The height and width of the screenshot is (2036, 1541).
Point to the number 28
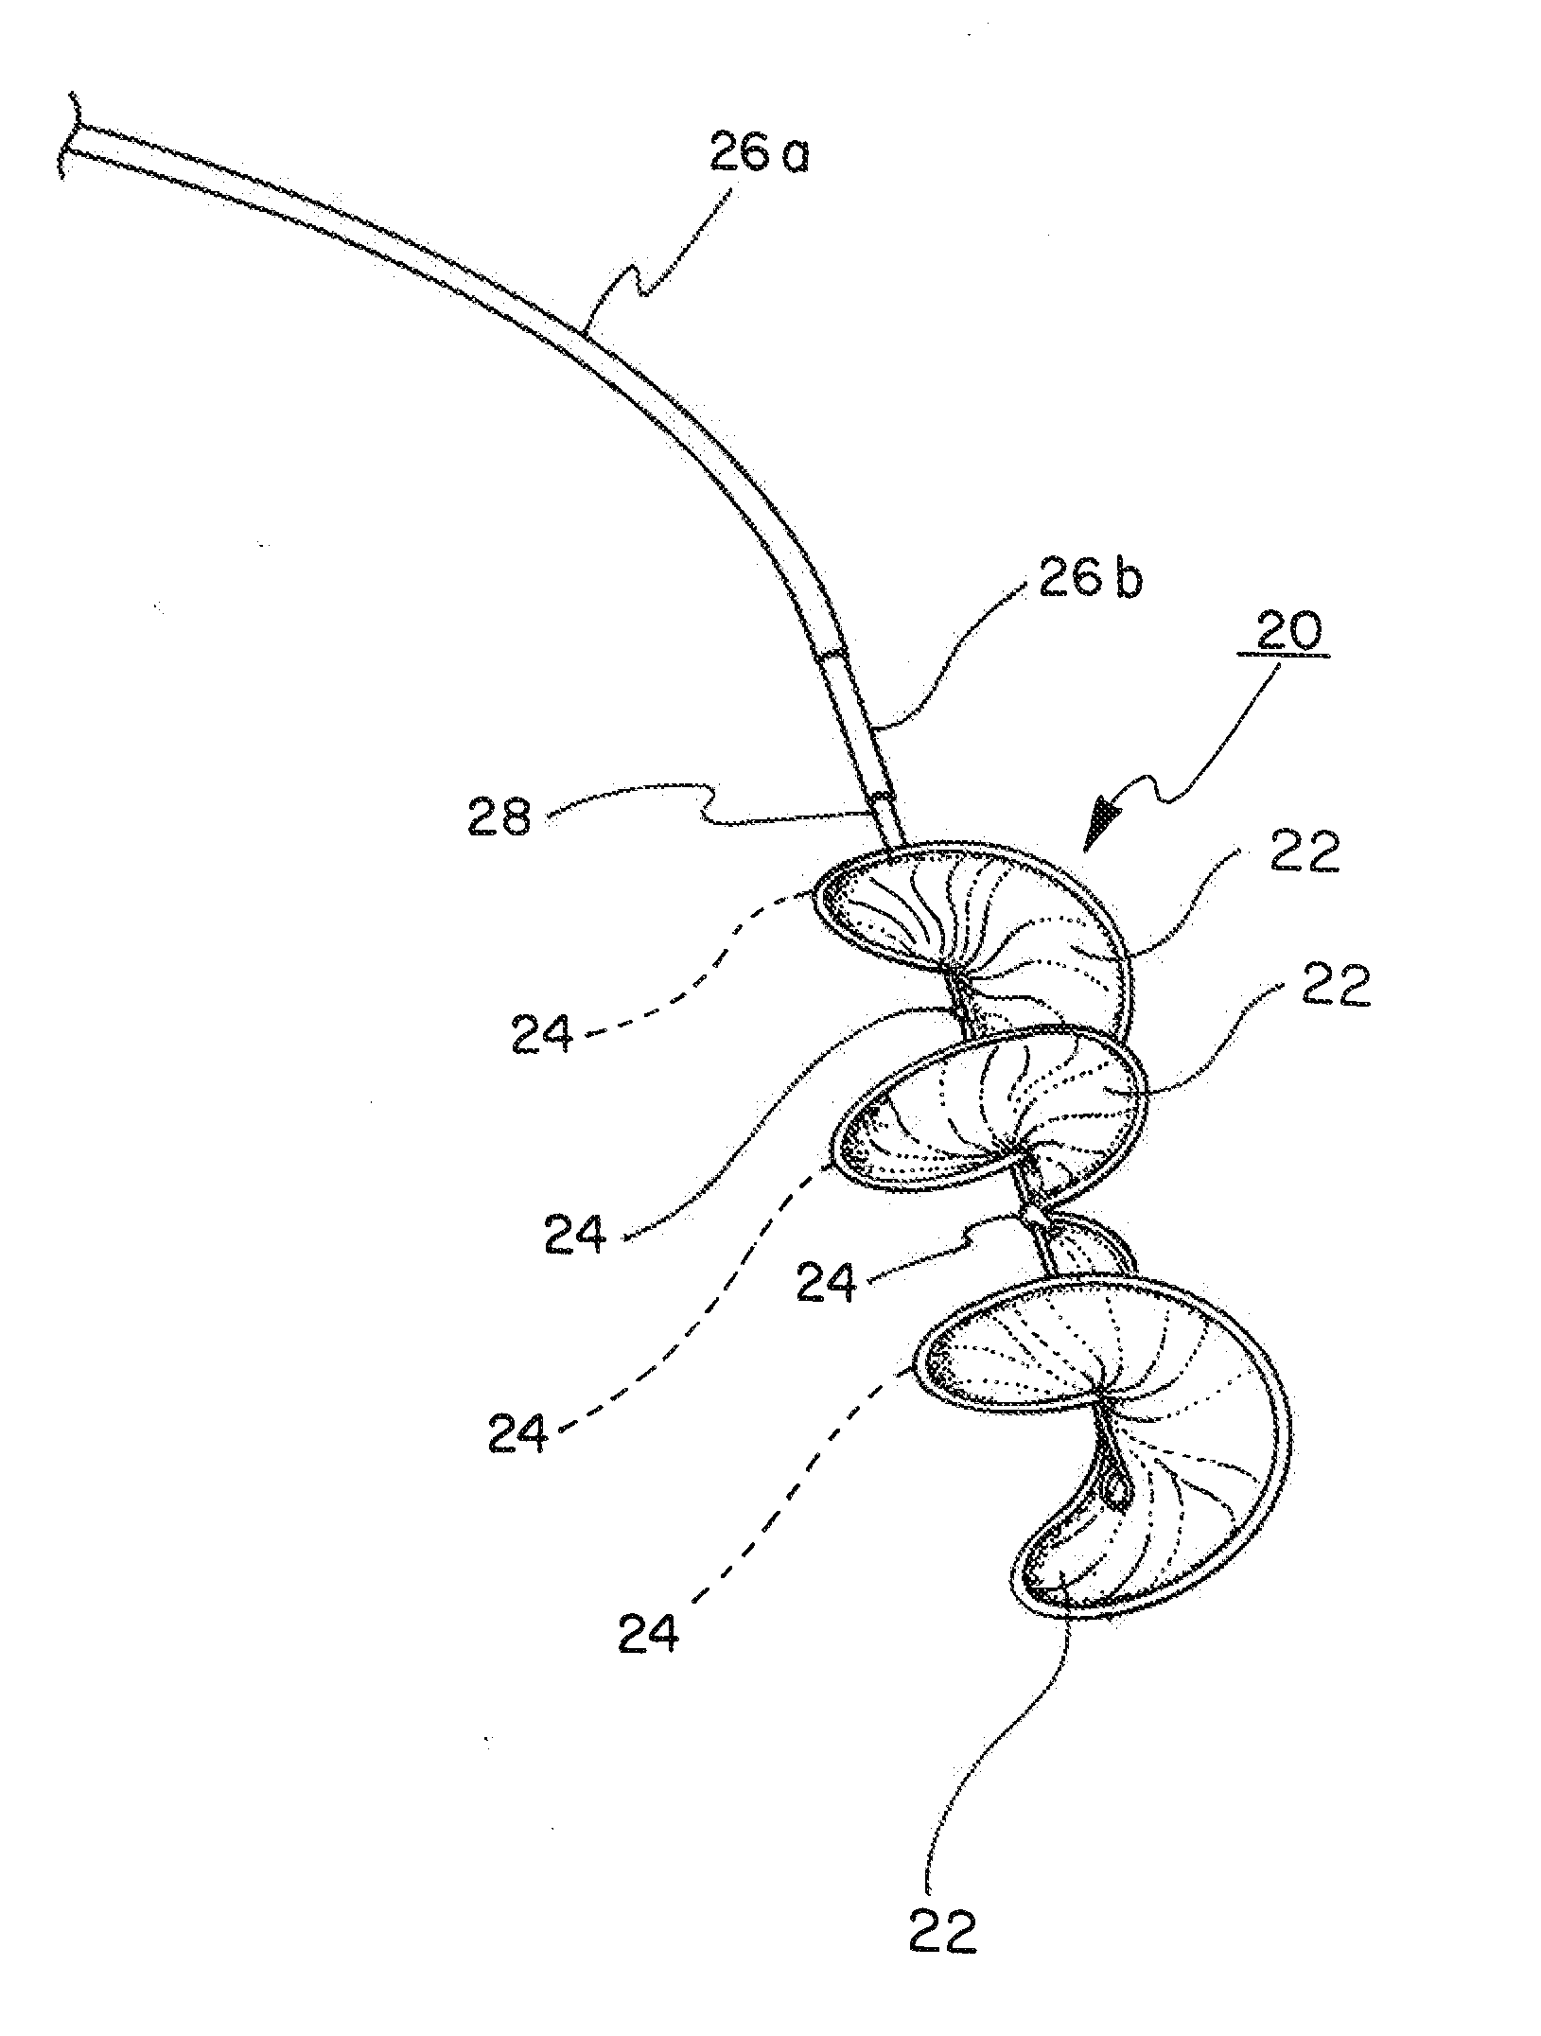499,816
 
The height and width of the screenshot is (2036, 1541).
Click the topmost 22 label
1305,854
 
